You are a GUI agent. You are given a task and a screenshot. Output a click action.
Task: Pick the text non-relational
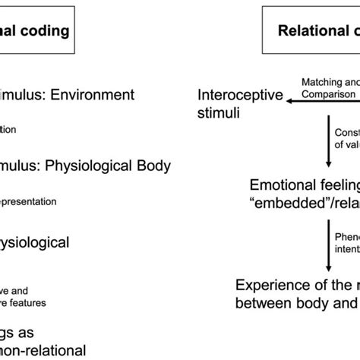pos(42,350)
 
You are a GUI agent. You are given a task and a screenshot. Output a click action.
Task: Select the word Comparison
pos(327,93)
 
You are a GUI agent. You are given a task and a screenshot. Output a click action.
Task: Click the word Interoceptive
pos(240,96)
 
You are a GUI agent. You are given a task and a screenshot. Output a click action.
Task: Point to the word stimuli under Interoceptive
pos(218,113)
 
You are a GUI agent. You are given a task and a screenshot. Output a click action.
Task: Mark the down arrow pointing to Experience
pos(327,242)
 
